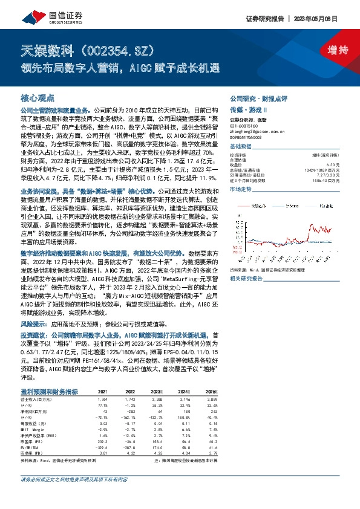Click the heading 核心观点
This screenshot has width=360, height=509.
click(38, 97)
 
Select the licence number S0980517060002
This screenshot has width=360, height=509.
click(249, 137)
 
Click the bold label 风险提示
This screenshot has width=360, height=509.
click(33, 307)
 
